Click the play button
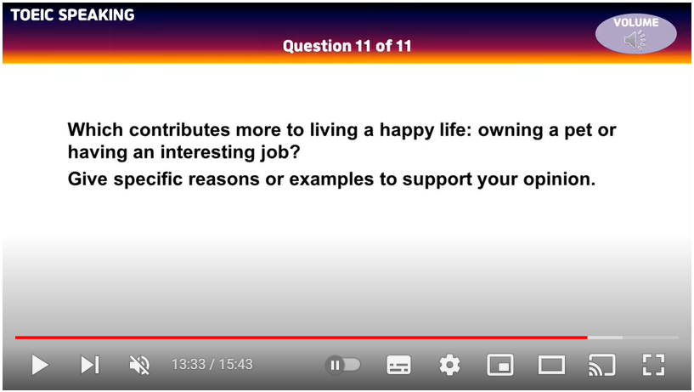pyautogui.click(x=40, y=365)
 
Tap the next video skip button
pyautogui.click(x=90, y=365)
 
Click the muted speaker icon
pyautogui.click(x=139, y=365)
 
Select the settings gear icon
pyautogui.click(x=449, y=365)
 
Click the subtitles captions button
pyautogui.click(x=398, y=365)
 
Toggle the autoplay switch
pyautogui.click(x=343, y=365)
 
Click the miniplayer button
pyautogui.click(x=500, y=365)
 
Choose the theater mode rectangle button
pyautogui.click(x=551, y=365)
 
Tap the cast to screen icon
pyautogui.click(x=601, y=365)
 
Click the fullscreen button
pyautogui.click(x=653, y=365)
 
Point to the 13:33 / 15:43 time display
pyautogui.click(x=212, y=365)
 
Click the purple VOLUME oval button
pyautogui.click(x=635, y=34)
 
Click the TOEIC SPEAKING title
pyautogui.click(x=72, y=15)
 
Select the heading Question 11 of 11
pyautogui.click(x=347, y=46)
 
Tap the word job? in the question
pyautogui.click(x=279, y=153)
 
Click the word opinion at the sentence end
pyautogui.click(x=560, y=179)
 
